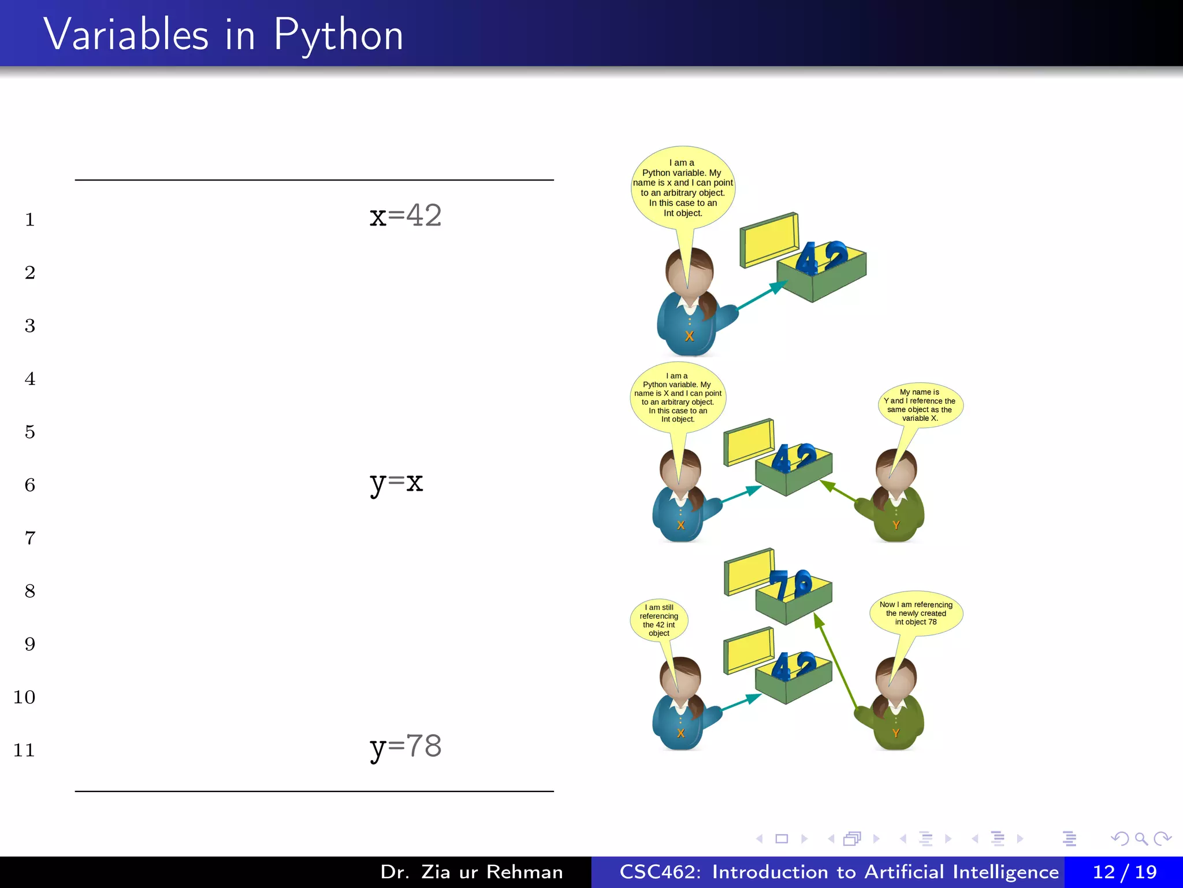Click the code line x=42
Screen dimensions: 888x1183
coord(406,216)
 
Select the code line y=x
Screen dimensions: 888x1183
coord(396,482)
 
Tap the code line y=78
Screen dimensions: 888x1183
coord(406,746)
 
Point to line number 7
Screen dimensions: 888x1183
coord(30,538)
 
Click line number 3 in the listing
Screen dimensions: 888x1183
coord(30,326)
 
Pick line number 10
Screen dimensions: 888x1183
coord(24,697)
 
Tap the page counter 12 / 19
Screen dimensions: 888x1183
coord(1124,872)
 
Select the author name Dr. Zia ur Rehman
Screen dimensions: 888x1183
coord(471,872)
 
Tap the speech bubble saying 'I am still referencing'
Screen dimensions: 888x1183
coord(659,620)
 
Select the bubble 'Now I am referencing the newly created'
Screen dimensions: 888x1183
coord(916,613)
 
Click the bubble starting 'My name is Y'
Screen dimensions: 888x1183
coord(920,405)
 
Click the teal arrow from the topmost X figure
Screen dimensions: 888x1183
coord(761,295)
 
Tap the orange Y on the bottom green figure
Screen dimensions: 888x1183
coord(896,733)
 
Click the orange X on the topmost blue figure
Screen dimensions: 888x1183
coord(689,336)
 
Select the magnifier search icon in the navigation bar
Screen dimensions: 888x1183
coord(1141,839)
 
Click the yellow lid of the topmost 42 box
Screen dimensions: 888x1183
coord(769,240)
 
